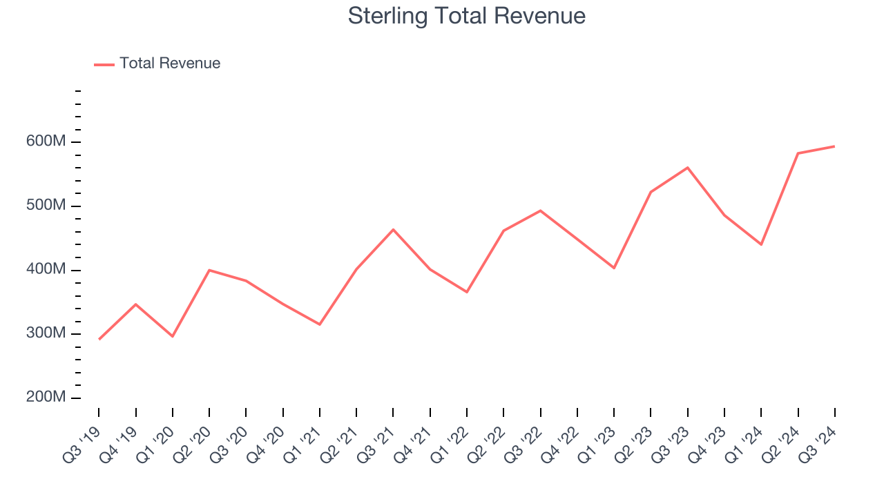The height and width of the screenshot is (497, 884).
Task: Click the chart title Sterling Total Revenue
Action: [466, 16]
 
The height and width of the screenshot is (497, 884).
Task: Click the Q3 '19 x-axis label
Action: [82, 439]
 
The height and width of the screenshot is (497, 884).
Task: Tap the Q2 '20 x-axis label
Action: [193, 439]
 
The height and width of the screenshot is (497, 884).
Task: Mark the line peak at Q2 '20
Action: [209, 270]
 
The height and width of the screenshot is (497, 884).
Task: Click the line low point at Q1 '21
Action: [320, 324]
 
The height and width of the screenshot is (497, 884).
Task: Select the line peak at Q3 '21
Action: [393, 229]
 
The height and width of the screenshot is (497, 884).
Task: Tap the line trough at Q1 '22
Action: [467, 292]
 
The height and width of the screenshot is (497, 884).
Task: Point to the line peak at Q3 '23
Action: [688, 168]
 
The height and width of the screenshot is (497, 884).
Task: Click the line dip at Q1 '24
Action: [761, 244]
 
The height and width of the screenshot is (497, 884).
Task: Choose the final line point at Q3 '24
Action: [834, 146]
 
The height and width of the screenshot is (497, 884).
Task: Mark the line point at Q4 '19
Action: [135, 304]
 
